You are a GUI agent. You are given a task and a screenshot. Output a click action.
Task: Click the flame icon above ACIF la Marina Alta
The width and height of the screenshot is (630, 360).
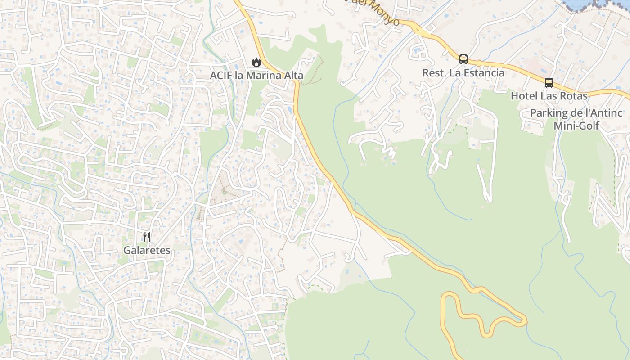pos(256,62)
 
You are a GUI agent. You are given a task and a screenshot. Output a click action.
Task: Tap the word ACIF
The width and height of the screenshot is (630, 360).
pos(221,76)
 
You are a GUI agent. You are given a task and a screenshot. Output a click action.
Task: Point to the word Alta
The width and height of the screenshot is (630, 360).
pos(294,76)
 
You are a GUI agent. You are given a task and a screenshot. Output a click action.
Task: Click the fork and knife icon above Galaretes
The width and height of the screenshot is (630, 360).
pos(147,237)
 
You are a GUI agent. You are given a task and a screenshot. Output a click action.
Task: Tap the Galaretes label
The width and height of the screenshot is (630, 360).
pos(147,250)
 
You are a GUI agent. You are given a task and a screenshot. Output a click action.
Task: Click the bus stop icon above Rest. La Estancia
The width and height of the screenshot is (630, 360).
pos(463,59)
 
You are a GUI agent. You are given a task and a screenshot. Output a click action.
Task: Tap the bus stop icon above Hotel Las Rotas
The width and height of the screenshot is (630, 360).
pos(549,83)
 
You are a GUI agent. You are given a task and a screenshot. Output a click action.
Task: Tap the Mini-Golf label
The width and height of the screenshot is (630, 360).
pos(576,126)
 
